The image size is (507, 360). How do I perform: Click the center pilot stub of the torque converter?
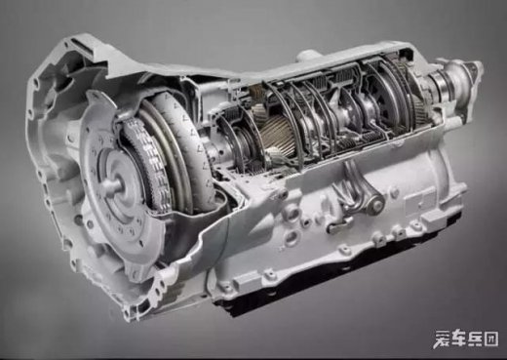point(111,185)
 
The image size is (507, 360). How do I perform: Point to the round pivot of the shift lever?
point(376,204)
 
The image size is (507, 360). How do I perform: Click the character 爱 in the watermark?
point(443,339)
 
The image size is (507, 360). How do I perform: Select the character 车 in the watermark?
point(458,339)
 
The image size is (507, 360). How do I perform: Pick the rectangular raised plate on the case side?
point(419,199)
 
